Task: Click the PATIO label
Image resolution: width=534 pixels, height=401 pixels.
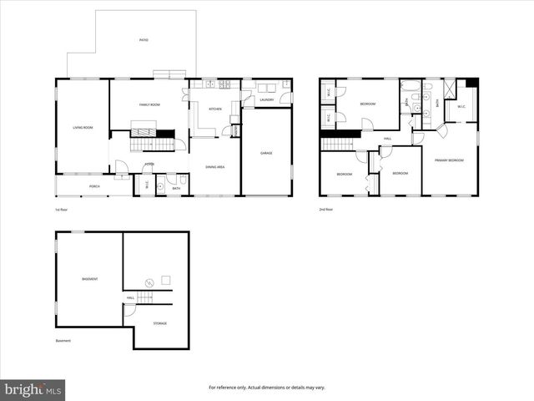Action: (x=144, y=40)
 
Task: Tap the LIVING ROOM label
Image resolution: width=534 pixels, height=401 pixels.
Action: (x=83, y=127)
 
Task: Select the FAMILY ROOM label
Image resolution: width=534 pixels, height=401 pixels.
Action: (x=149, y=104)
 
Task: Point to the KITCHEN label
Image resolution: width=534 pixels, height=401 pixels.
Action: (x=215, y=109)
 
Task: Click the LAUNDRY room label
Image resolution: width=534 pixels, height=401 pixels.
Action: (x=267, y=100)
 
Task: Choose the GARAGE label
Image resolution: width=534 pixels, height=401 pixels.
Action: (x=267, y=153)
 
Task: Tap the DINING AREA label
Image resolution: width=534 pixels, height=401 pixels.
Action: (x=215, y=167)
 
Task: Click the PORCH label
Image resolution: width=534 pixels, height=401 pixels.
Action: (x=94, y=186)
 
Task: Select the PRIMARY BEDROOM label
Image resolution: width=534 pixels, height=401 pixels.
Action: (x=449, y=160)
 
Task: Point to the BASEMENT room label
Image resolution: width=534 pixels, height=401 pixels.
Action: (x=89, y=278)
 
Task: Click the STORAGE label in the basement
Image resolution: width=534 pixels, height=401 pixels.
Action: (x=159, y=322)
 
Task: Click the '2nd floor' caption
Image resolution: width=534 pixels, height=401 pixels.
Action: (x=325, y=209)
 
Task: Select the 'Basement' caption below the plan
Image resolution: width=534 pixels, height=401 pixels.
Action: (x=63, y=341)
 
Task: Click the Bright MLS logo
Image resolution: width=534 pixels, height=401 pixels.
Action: (x=33, y=389)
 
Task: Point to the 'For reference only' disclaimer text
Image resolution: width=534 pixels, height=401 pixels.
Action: (x=267, y=388)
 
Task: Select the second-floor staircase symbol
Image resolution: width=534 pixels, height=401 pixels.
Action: (x=338, y=145)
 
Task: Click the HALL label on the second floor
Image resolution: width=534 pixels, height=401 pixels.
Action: (x=388, y=139)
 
